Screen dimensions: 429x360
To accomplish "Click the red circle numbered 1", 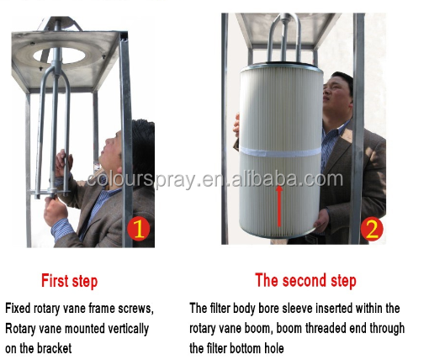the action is point(138,229).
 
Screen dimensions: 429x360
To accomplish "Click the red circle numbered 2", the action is point(372,230).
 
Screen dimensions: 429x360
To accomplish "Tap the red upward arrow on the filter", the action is point(279,206).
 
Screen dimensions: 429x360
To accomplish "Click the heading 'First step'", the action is point(70,281).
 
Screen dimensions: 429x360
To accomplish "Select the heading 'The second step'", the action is point(305,280).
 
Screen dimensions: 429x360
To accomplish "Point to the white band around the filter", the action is point(280,152).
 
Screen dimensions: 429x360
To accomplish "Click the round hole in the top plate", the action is point(59,56).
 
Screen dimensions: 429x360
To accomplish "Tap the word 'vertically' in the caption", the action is point(130,329).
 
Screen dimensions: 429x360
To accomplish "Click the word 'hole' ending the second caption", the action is point(274,348).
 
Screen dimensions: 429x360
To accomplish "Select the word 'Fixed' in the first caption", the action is point(18,309).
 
